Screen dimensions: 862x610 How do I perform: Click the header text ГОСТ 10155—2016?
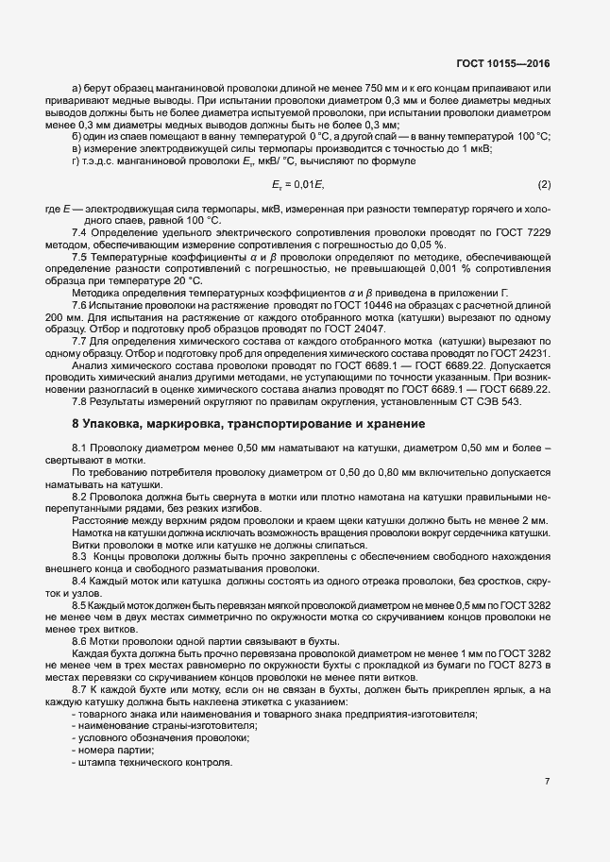pyautogui.click(x=503, y=63)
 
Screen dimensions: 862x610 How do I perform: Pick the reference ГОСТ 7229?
pyautogui.click(x=520, y=231)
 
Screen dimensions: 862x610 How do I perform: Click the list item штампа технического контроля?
pyautogui.click(x=155, y=762)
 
